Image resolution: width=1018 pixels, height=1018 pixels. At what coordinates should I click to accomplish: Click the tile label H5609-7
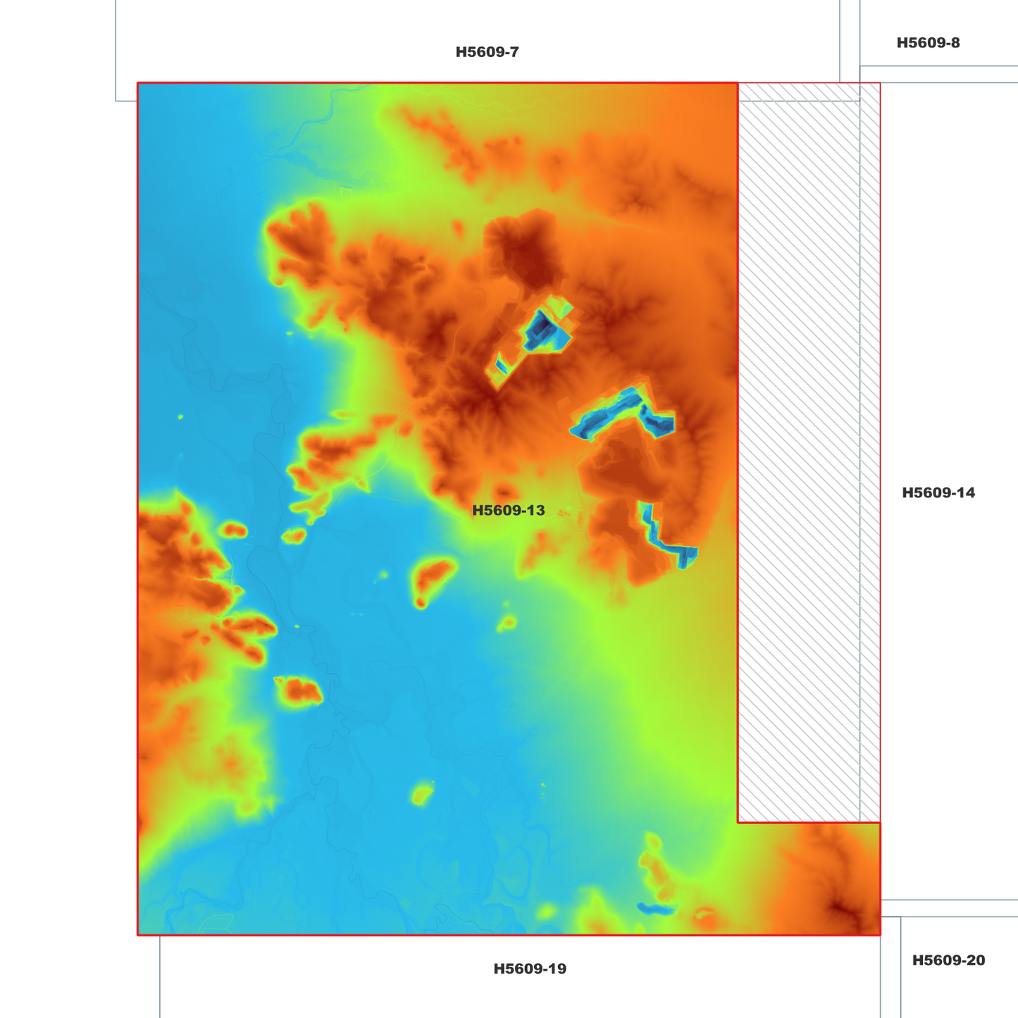[487, 52]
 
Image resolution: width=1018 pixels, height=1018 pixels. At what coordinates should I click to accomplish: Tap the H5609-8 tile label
[928, 43]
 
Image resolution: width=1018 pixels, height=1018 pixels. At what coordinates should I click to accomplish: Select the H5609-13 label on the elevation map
[508, 511]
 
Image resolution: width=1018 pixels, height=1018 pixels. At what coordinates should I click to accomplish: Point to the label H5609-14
[938, 493]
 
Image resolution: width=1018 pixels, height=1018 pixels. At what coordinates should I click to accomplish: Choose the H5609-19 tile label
[530, 969]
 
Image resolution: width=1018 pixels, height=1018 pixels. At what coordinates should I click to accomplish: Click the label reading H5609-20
[948, 961]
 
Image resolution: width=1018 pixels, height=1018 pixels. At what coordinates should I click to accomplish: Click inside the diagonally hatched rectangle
[803, 451]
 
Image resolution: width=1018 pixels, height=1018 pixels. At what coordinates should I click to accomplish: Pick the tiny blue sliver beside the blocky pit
[502, 366]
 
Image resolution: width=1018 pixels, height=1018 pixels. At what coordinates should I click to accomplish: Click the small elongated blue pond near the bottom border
[655, 909]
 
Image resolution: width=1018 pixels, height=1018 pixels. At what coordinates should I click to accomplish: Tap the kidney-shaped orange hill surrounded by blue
[432, 578]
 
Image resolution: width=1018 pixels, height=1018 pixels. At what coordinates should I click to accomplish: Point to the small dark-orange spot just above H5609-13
[504, 490]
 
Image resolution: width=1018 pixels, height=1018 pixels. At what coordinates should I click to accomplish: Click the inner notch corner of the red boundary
[738, 822]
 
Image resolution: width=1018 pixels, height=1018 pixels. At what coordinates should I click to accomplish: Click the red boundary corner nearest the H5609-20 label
[880, 935]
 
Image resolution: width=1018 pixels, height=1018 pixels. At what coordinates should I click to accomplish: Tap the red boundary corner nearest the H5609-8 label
[880, 83]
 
